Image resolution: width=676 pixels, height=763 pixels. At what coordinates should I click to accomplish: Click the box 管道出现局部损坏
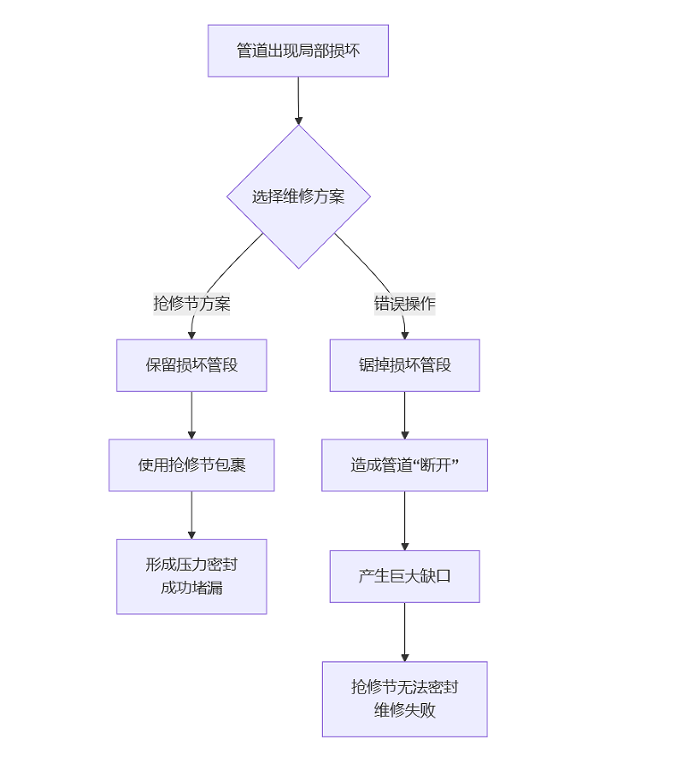[x=298, y=50]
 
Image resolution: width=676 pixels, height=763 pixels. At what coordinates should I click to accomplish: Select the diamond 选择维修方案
[x=298, y=197]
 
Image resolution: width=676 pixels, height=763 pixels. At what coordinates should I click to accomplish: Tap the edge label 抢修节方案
[x=191, y=304]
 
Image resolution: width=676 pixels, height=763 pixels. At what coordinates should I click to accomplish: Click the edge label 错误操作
[x=404, y=304]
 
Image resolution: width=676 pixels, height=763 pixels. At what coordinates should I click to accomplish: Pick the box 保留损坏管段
[x=191, y=365]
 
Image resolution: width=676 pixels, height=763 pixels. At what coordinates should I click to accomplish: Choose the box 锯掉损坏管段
[x=404, y=365]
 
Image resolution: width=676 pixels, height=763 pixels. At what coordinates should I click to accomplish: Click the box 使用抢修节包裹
[x=191, y=465]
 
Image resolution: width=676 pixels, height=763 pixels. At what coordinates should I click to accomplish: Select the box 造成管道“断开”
[x=404, y=465]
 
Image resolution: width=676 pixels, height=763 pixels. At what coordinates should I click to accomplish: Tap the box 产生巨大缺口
[x=404, y=576]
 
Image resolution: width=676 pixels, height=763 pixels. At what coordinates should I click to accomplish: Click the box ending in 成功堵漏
[x=191, y=577]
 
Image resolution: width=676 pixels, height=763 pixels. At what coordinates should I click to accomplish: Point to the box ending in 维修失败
[x=404, y=699]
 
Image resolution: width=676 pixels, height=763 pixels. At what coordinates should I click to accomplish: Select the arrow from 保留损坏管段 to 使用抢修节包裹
[x=191, y=415]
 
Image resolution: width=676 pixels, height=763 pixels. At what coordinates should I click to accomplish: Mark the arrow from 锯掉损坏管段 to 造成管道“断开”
[x=404, y=415]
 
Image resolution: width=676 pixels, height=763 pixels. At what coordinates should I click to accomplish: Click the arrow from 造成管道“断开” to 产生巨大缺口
[x=404, y=520]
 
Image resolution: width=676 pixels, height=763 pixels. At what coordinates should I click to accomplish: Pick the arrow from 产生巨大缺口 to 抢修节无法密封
[x=404, y=631]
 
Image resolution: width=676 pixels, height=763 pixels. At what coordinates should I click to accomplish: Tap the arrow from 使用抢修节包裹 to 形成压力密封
[x=191, y=514]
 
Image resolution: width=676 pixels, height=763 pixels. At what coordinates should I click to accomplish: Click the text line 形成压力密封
[x=191, y=565]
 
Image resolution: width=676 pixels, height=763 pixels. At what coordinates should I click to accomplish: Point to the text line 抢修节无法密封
[x=404, y=688]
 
